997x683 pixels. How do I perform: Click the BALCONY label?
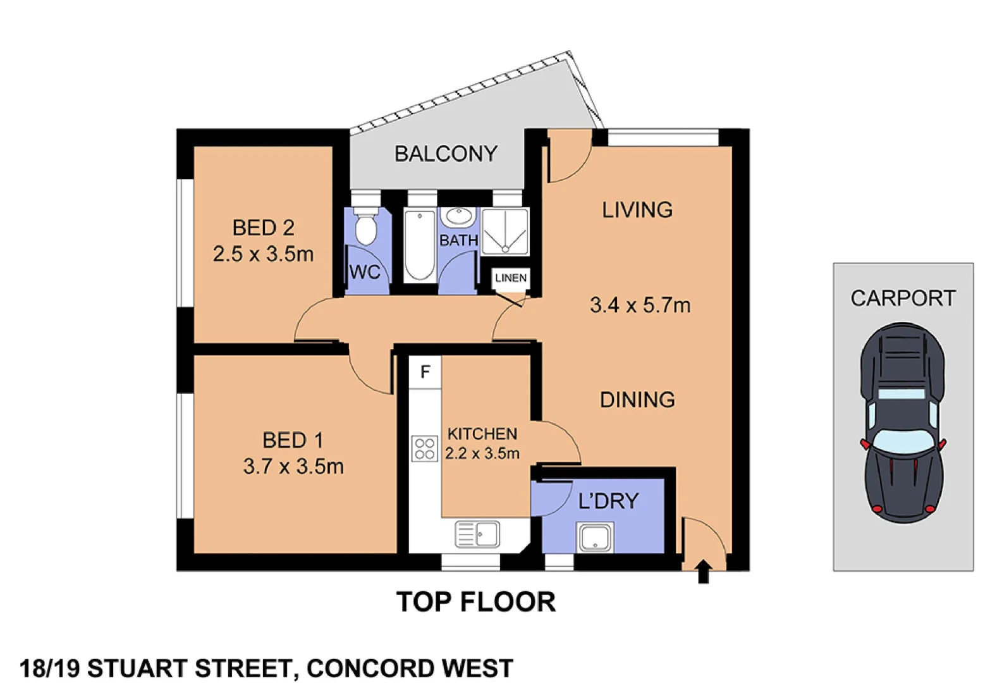[446, 154]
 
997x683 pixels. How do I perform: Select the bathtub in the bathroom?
[419, 245]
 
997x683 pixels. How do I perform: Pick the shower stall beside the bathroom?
[505, 231]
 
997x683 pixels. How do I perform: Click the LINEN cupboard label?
[510, 278]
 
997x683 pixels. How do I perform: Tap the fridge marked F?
[425, 372]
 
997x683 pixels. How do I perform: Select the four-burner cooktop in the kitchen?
[424, 448]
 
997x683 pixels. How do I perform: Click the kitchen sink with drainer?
[477, 534]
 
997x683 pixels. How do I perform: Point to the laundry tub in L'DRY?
[594, 538]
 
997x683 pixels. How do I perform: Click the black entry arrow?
[703, 572]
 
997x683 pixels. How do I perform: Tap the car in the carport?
[902, 422]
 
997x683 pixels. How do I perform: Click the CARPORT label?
[902, 298]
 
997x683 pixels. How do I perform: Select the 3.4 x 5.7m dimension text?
[640, 305]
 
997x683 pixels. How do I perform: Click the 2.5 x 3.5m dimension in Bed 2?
[263, 254]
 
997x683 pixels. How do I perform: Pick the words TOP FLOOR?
[475, 601]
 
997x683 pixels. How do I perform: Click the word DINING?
[637, 400]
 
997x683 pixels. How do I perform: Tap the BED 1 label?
[293, 440]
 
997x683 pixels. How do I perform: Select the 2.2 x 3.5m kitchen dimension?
[482, 453]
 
